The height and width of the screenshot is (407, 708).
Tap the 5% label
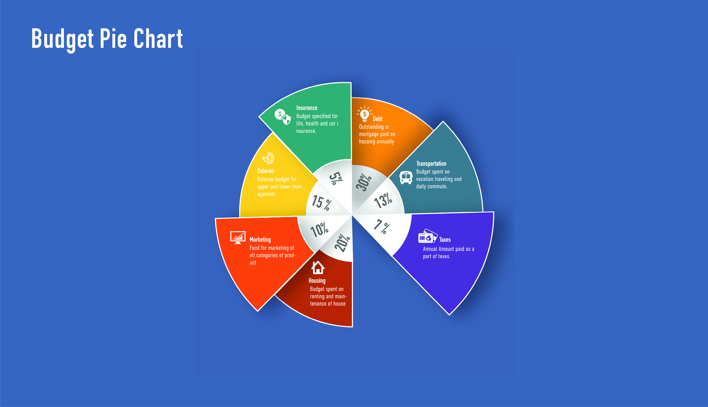pos(336,178)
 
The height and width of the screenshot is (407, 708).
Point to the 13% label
pos(383,200)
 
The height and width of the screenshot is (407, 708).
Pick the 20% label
pos(342,243)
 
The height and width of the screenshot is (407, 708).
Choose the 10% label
pos(319,229)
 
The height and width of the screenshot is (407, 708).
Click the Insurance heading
pos(307,108)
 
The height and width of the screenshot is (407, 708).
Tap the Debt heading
pos(377,119)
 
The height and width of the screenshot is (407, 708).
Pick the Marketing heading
pos(260,240)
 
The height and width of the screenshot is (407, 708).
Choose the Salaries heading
pos(266,171)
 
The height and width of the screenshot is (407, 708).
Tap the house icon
pos(318,268)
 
